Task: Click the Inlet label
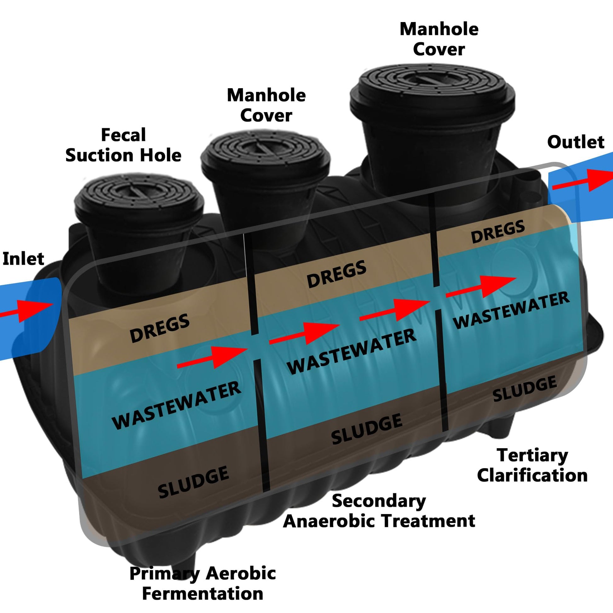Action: point(23,259)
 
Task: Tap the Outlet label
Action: point(576,142)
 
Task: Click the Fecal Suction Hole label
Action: point(123,145)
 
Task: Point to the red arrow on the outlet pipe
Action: point(582,181)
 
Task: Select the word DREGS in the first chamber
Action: point(160,328)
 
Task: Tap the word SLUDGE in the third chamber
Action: point(525,389)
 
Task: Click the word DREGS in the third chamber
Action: point(497,232)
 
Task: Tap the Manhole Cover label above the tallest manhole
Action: point(439,39)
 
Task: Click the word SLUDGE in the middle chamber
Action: point(367,429)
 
